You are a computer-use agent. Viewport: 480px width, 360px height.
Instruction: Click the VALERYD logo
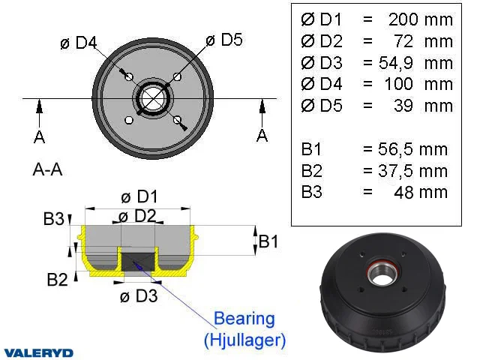38,353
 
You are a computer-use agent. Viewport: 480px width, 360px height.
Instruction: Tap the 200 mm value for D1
421,19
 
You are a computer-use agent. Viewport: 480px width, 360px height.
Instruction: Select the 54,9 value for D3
395,63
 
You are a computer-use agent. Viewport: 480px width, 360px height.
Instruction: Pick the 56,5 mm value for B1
412,149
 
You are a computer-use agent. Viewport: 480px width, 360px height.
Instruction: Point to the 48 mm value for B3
421,193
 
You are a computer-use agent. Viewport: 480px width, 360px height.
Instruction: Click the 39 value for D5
403,106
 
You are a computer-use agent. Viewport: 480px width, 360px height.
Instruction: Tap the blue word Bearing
244,318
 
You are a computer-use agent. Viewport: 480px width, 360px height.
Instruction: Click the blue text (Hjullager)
245,340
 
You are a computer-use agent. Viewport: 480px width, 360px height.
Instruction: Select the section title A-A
47,169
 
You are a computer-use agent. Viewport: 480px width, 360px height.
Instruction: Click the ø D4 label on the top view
78,43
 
